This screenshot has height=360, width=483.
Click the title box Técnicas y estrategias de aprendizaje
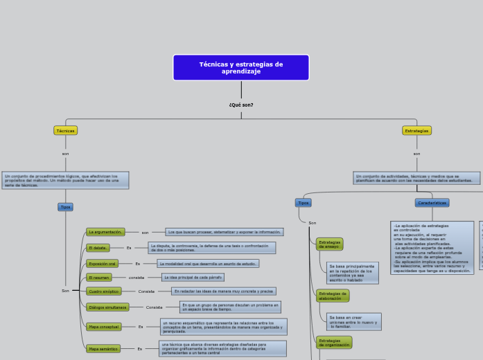tap(241, 68)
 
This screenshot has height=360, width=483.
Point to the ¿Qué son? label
tap(241, 105)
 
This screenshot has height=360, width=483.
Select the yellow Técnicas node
tap(65, 130)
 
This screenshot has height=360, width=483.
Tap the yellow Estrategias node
tap(416, 130)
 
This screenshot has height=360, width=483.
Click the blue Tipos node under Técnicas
tap(65, 207)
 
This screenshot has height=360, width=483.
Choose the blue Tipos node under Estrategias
tap(303, 203)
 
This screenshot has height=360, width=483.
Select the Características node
tap(432, 203)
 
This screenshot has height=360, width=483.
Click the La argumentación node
tap(105, 232)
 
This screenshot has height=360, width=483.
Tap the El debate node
tap(98, 248)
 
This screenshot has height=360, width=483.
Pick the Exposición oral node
tap(102, 264)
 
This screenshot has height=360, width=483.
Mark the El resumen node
tap(99, 278)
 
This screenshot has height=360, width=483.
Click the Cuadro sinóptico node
tap(104, 291)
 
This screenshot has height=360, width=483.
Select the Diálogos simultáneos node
tap(107, 307)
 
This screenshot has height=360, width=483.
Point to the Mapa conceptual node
tap(104, 327)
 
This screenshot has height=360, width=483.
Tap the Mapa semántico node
tap(103, 349)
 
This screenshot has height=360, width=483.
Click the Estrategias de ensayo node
tap(329, 244)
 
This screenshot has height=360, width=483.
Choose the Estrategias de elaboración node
tap(331, 296)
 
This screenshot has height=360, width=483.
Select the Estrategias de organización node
tap(333, 342)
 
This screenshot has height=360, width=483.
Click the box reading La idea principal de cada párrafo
tap(193, 278)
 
